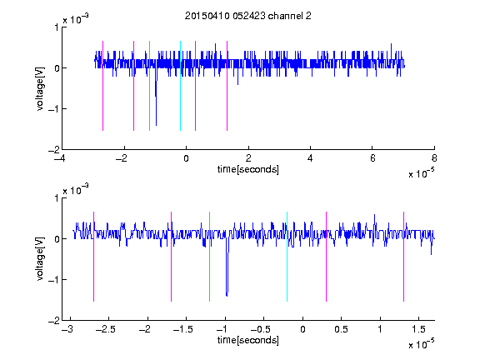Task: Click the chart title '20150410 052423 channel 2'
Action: [247, 16]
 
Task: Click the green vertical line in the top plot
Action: [149, 86]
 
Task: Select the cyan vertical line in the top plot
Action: [180, 86]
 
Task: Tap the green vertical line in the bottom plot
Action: [209, 257]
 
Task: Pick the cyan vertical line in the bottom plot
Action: [287, 257]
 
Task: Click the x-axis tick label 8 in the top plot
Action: [434, 158]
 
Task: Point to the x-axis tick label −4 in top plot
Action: [59, 158]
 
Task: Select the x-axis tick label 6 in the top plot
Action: [372, 158]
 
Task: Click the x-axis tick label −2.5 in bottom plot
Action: [105, 329]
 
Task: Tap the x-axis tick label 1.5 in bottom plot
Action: [418, 329]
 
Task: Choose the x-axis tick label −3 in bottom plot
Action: [67, 329]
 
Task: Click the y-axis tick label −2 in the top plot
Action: [53, 150]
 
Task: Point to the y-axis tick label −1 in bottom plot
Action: [53, 279]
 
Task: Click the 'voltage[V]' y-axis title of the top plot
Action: [40, 89]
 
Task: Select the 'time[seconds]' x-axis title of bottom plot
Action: [248, 340]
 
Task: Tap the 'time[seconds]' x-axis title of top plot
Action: [248, 169]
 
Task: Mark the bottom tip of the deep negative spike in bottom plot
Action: [227, 296]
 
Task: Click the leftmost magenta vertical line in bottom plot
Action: [93, 257]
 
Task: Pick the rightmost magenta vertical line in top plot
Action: [227, 86]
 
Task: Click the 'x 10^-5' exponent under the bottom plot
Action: [421, 344]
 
